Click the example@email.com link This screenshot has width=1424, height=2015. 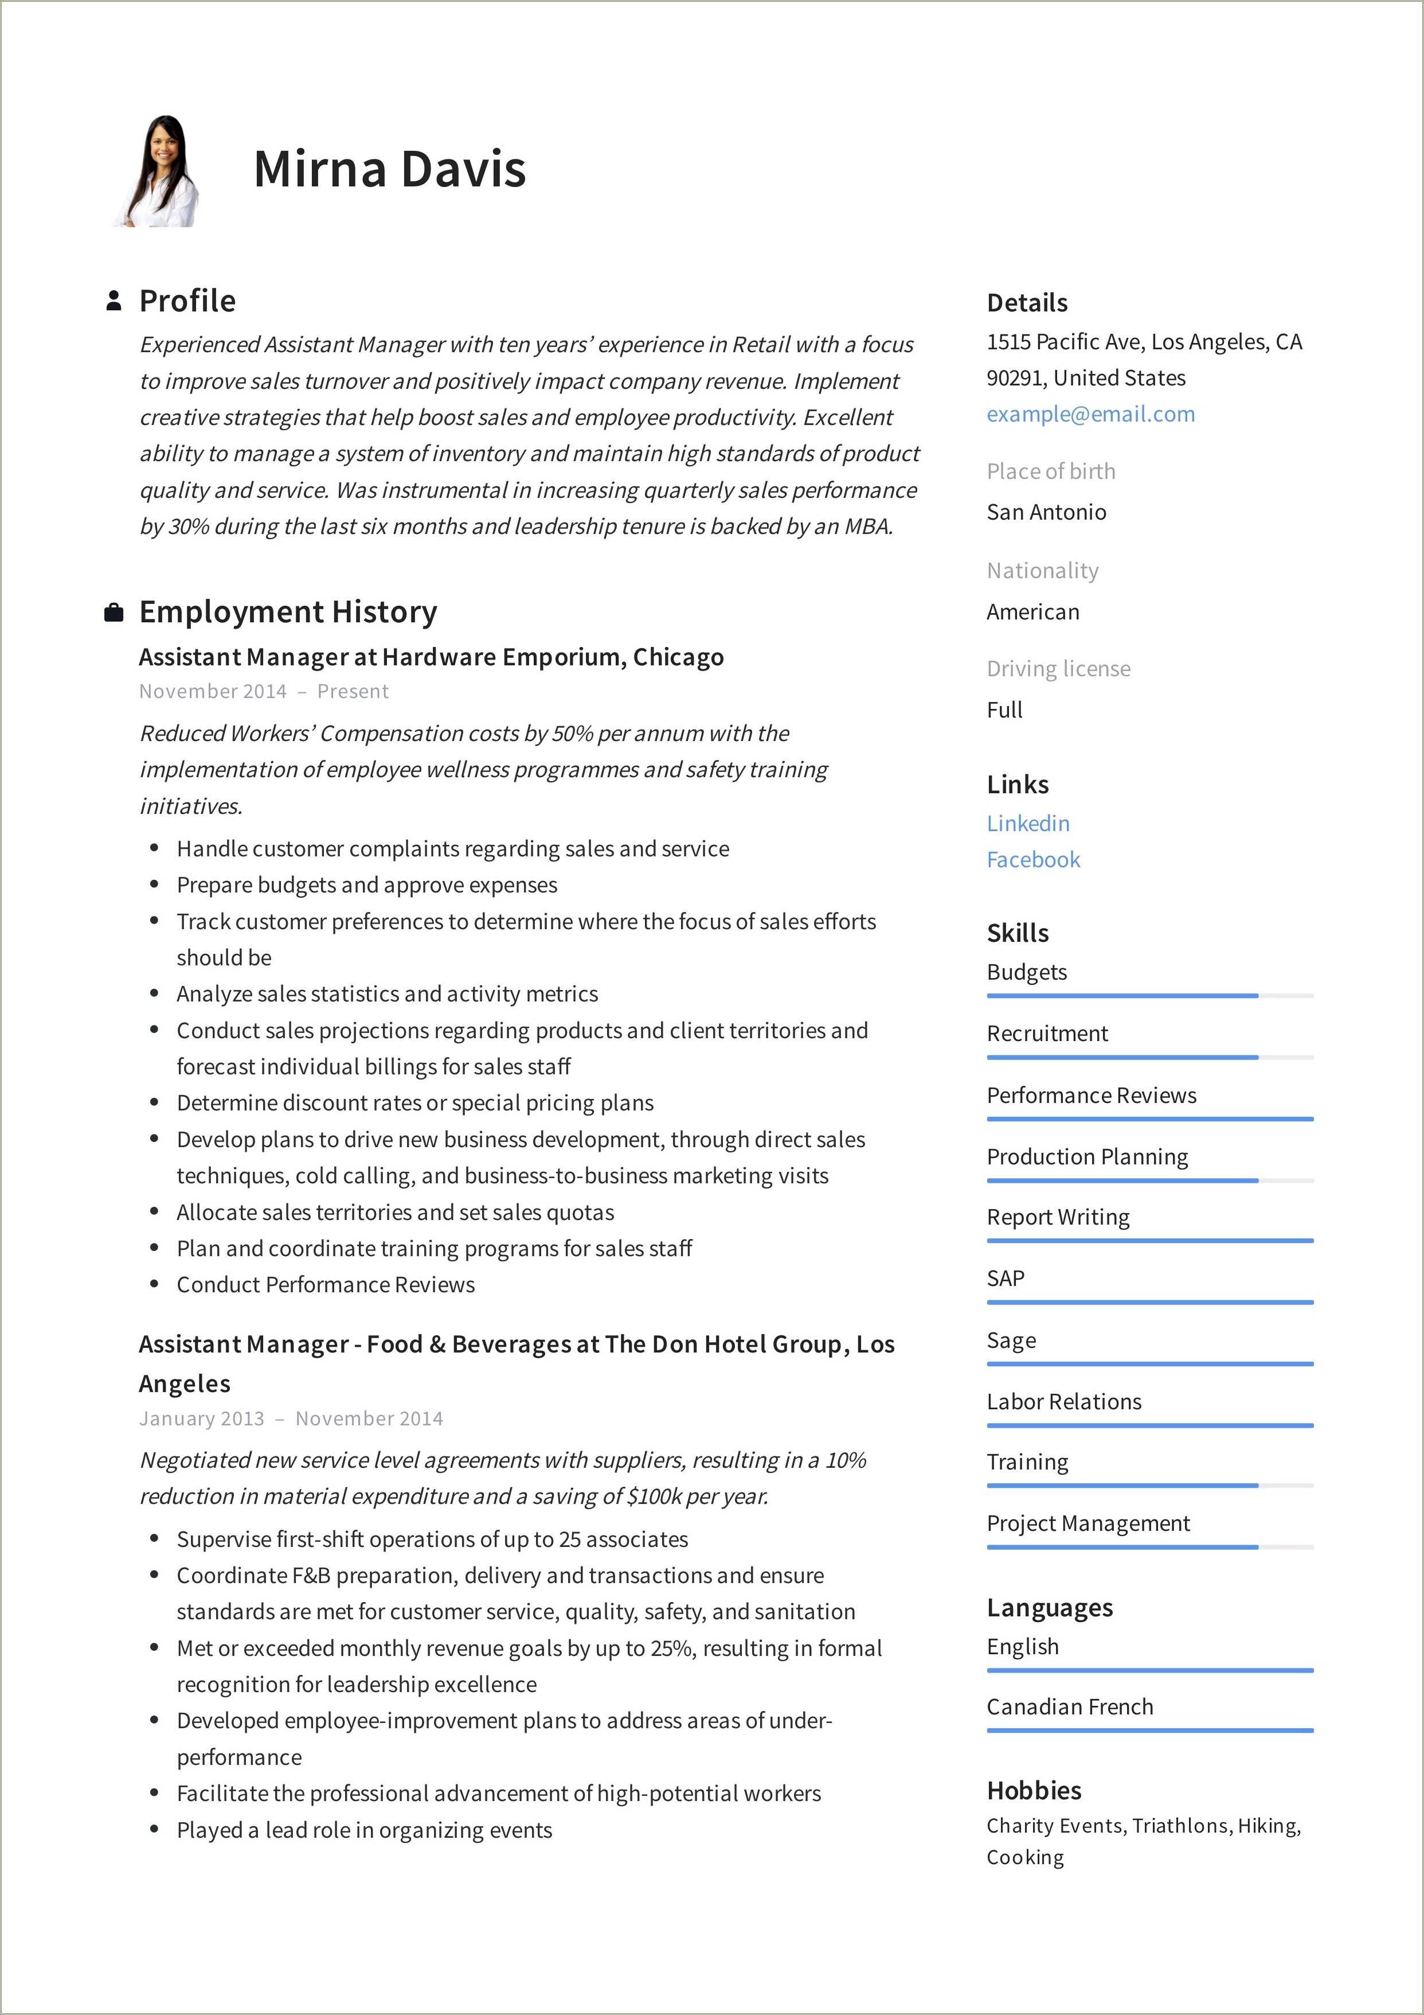(1090, 414)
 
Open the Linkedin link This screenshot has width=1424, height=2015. (1027, 823)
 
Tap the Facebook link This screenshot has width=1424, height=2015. (1032, 859)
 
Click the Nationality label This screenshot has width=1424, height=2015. (1042, 571)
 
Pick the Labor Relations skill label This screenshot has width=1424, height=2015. (1063, 1401)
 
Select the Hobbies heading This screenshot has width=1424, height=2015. (1034, 1790)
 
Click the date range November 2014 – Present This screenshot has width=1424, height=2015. (263, 692)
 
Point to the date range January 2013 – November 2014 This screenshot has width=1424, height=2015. (291, 1418)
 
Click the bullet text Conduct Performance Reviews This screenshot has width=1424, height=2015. (326, 1285)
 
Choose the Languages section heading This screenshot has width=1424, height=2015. (1049, 1608)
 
